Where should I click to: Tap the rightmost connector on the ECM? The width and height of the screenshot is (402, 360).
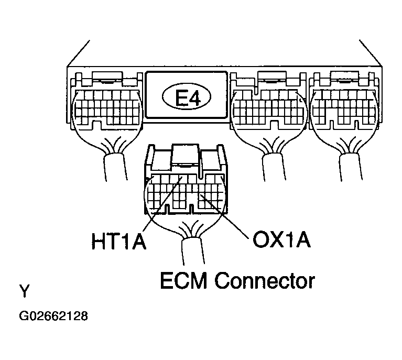(343, 102)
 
